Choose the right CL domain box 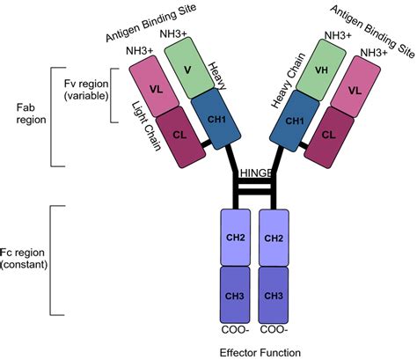click(x=328, y=135)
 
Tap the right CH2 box click(x=273, y=239)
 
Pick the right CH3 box click(x=273, y=294)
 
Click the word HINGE click(x=254, y=174)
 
